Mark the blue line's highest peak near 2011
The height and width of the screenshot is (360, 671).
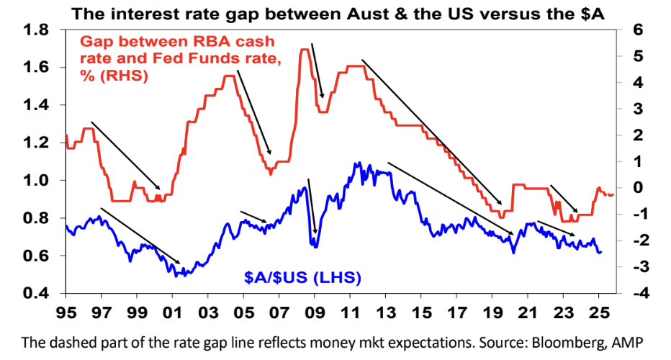coord(358,163)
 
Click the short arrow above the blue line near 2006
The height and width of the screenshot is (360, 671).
coord(253,217)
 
